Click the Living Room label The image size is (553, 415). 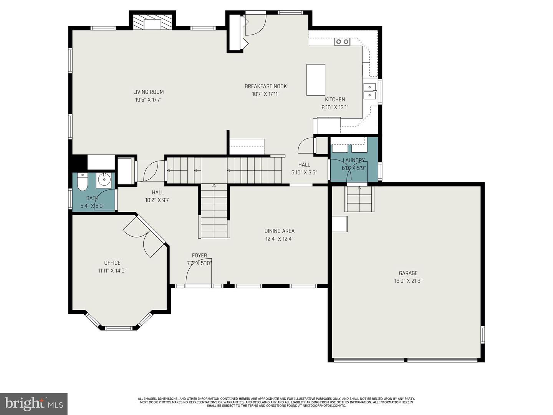pos(148,92)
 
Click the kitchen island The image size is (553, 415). pos(316,80)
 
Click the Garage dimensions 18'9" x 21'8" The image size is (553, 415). pos(408,281)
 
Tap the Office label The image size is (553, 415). pos(112,263)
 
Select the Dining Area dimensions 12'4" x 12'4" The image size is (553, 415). pos(279,239)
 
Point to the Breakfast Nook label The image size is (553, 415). pos(266,86)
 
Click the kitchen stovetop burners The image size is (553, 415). pos(342,41)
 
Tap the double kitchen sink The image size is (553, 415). pos(370,91)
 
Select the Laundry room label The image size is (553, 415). pos(354,160)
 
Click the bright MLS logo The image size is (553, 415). pos(33,403)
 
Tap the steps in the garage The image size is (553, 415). pos(359,199)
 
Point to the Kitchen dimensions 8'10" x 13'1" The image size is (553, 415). pos(335,108)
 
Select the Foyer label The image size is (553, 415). pos(199,256)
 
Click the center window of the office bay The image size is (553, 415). pos(119,328)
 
